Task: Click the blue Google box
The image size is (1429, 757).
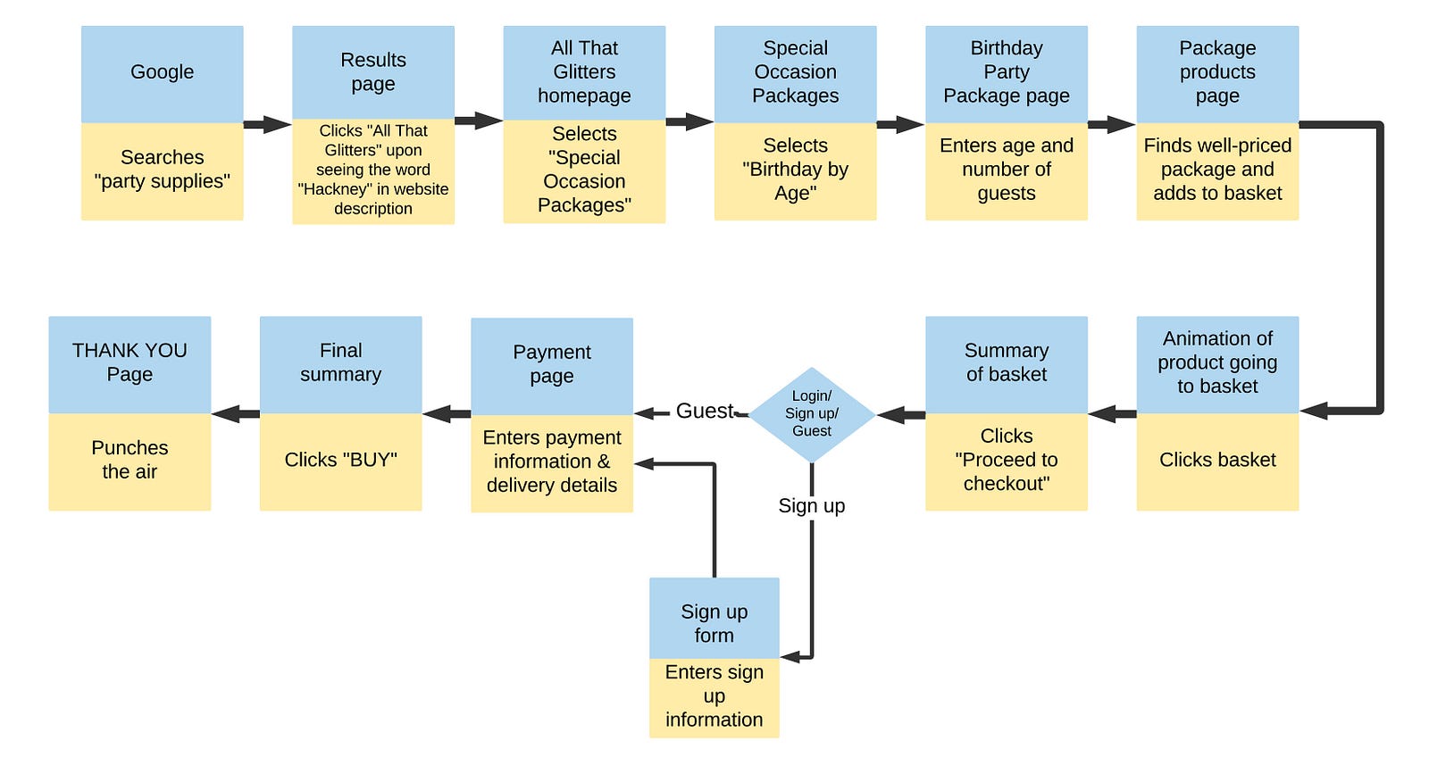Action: [162, 73]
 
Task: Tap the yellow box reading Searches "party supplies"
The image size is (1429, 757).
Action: [162, 171]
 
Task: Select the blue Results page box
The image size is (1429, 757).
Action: [372, 71]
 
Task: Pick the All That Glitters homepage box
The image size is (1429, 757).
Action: [584, 71]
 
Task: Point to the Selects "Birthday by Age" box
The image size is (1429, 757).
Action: [795, 171]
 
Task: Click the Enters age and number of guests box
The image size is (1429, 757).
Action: [1006, 171]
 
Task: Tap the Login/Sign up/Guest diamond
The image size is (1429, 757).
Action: [812, 414]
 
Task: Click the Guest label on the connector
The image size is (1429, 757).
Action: [704, 412]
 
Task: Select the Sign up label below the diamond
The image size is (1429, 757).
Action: [811, 506]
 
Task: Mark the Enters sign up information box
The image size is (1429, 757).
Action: [714, 697]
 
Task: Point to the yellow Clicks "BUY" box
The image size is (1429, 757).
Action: [340, 461]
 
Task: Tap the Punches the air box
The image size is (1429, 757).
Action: [130, 461]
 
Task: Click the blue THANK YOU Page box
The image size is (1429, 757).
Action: [130, 363]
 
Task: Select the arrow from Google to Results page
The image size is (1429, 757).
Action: [267, 125]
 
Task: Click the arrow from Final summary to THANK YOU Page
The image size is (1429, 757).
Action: [236, 413]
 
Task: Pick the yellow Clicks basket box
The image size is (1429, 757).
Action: [1217, 461]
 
